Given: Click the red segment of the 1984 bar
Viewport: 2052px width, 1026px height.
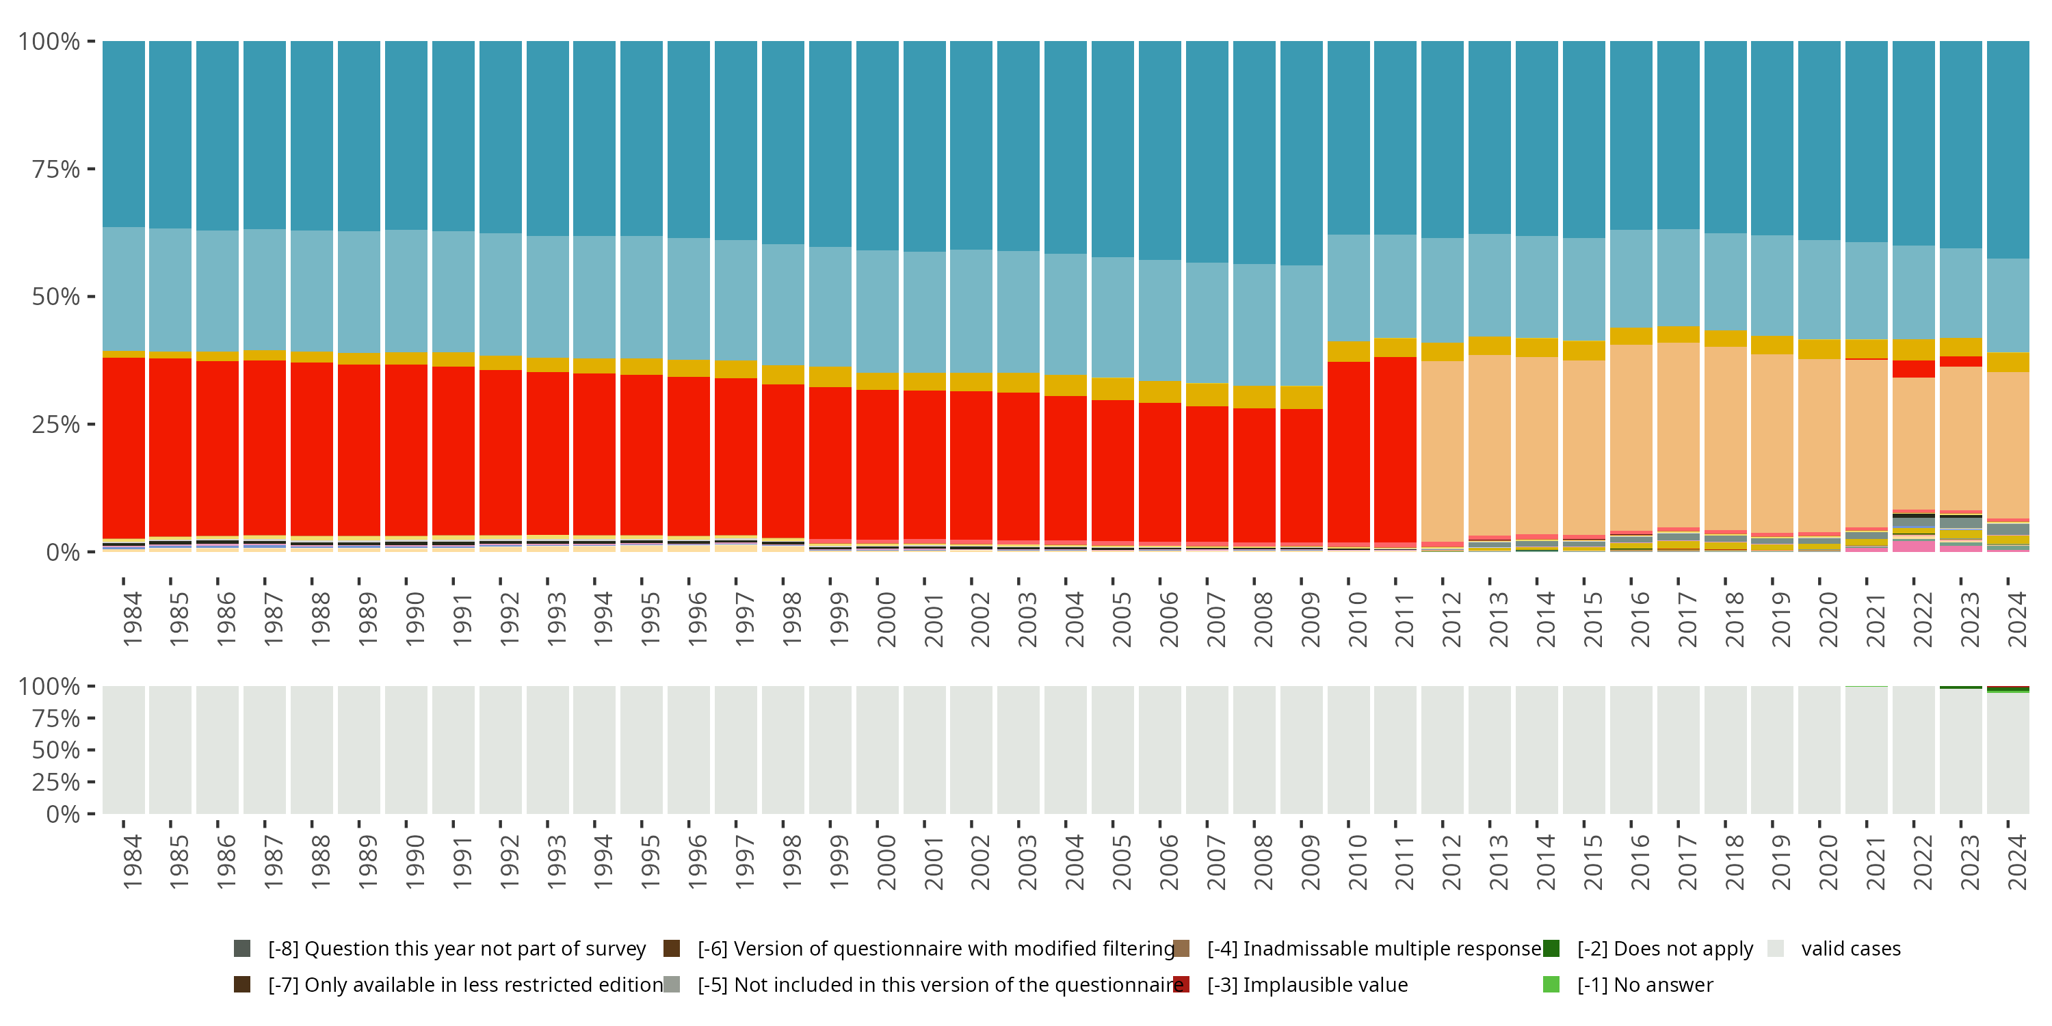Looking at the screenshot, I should pyautogui.click(x=124, y=446).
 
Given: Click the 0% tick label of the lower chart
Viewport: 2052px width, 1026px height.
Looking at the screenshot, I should pyautogui.click(x=62, y=814).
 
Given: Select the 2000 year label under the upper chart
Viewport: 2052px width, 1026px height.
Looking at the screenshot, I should pyautogui.click(x=886, y=619).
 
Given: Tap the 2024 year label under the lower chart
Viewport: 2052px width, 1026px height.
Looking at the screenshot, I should pyautogui.click(x=2016, y=862).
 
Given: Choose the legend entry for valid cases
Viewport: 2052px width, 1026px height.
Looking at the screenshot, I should pyautogui.click(x=1850, y=949).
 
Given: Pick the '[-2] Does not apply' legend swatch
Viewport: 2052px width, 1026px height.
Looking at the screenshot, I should pyautogui.click(x=1551, y=949).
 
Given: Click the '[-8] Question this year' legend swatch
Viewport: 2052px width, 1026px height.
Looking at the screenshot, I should pyautogui.click(x=242, y=949).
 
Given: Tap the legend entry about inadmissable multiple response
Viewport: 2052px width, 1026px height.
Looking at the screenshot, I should pyautogui.click(x=1373, y=949).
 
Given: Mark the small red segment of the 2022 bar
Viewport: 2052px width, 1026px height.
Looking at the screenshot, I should pyautogui.click(x=1913, y=369).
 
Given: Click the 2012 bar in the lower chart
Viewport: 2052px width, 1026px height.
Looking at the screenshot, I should pyautogui.click(x=1442, y=750).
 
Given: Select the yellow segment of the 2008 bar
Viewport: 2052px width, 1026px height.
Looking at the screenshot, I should pyautogui.click(x=1254, y=397).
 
